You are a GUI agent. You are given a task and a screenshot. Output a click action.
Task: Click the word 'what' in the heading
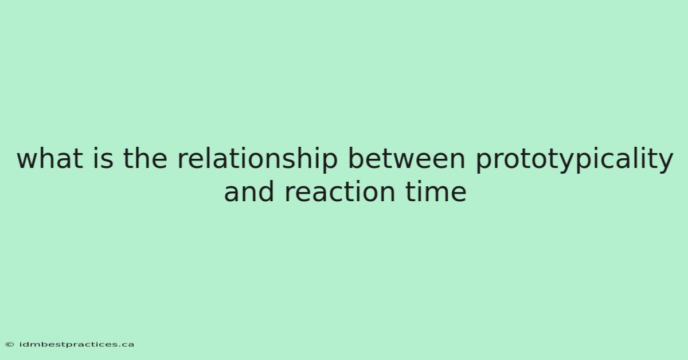click(50, 158)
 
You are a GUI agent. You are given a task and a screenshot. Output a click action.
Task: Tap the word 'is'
click(103, 158)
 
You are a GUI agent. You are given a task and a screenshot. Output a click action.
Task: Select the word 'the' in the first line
click(145, 158)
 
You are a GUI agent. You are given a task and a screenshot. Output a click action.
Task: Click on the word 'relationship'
click(257, 160)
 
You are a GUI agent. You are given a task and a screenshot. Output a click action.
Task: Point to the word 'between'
click(406, 158)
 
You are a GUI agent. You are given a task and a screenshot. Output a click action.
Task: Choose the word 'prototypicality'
click(574, 160)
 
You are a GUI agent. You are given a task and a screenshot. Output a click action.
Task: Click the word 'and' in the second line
click(249, 191)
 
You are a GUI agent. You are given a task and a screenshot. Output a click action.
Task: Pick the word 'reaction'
click(339, 191)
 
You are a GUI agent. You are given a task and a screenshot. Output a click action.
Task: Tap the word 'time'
click(436, 191)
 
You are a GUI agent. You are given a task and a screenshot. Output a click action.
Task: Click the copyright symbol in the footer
click(10, 345)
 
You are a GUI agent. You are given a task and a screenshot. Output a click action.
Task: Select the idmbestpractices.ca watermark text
click(76, 345)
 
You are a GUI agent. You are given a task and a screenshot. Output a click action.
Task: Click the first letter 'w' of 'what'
click(28, 161)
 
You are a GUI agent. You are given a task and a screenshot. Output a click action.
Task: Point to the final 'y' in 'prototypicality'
click(664, 163)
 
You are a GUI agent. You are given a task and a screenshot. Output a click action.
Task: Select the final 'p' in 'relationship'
click(330, 163)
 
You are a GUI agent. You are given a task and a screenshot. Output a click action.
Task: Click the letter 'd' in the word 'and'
click(266, 191)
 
